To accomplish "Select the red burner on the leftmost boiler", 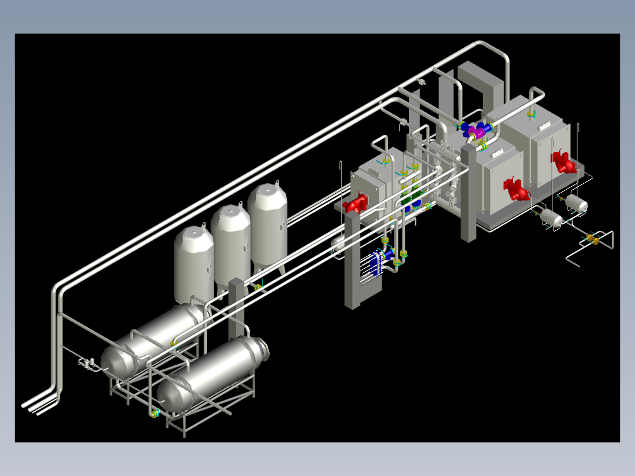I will pyautogui.click(x=356, y=204).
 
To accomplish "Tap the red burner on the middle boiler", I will pyautogui.click(x=517, y=189).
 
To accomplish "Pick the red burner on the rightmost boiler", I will pyautogui.click(x=563, y=161).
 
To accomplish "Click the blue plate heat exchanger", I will pyautogui.click(x=375, y=265).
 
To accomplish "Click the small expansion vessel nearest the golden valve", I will pyautogui.click(x=553, y=218).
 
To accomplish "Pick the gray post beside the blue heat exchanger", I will pyautogui.click(x=352, y=259).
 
